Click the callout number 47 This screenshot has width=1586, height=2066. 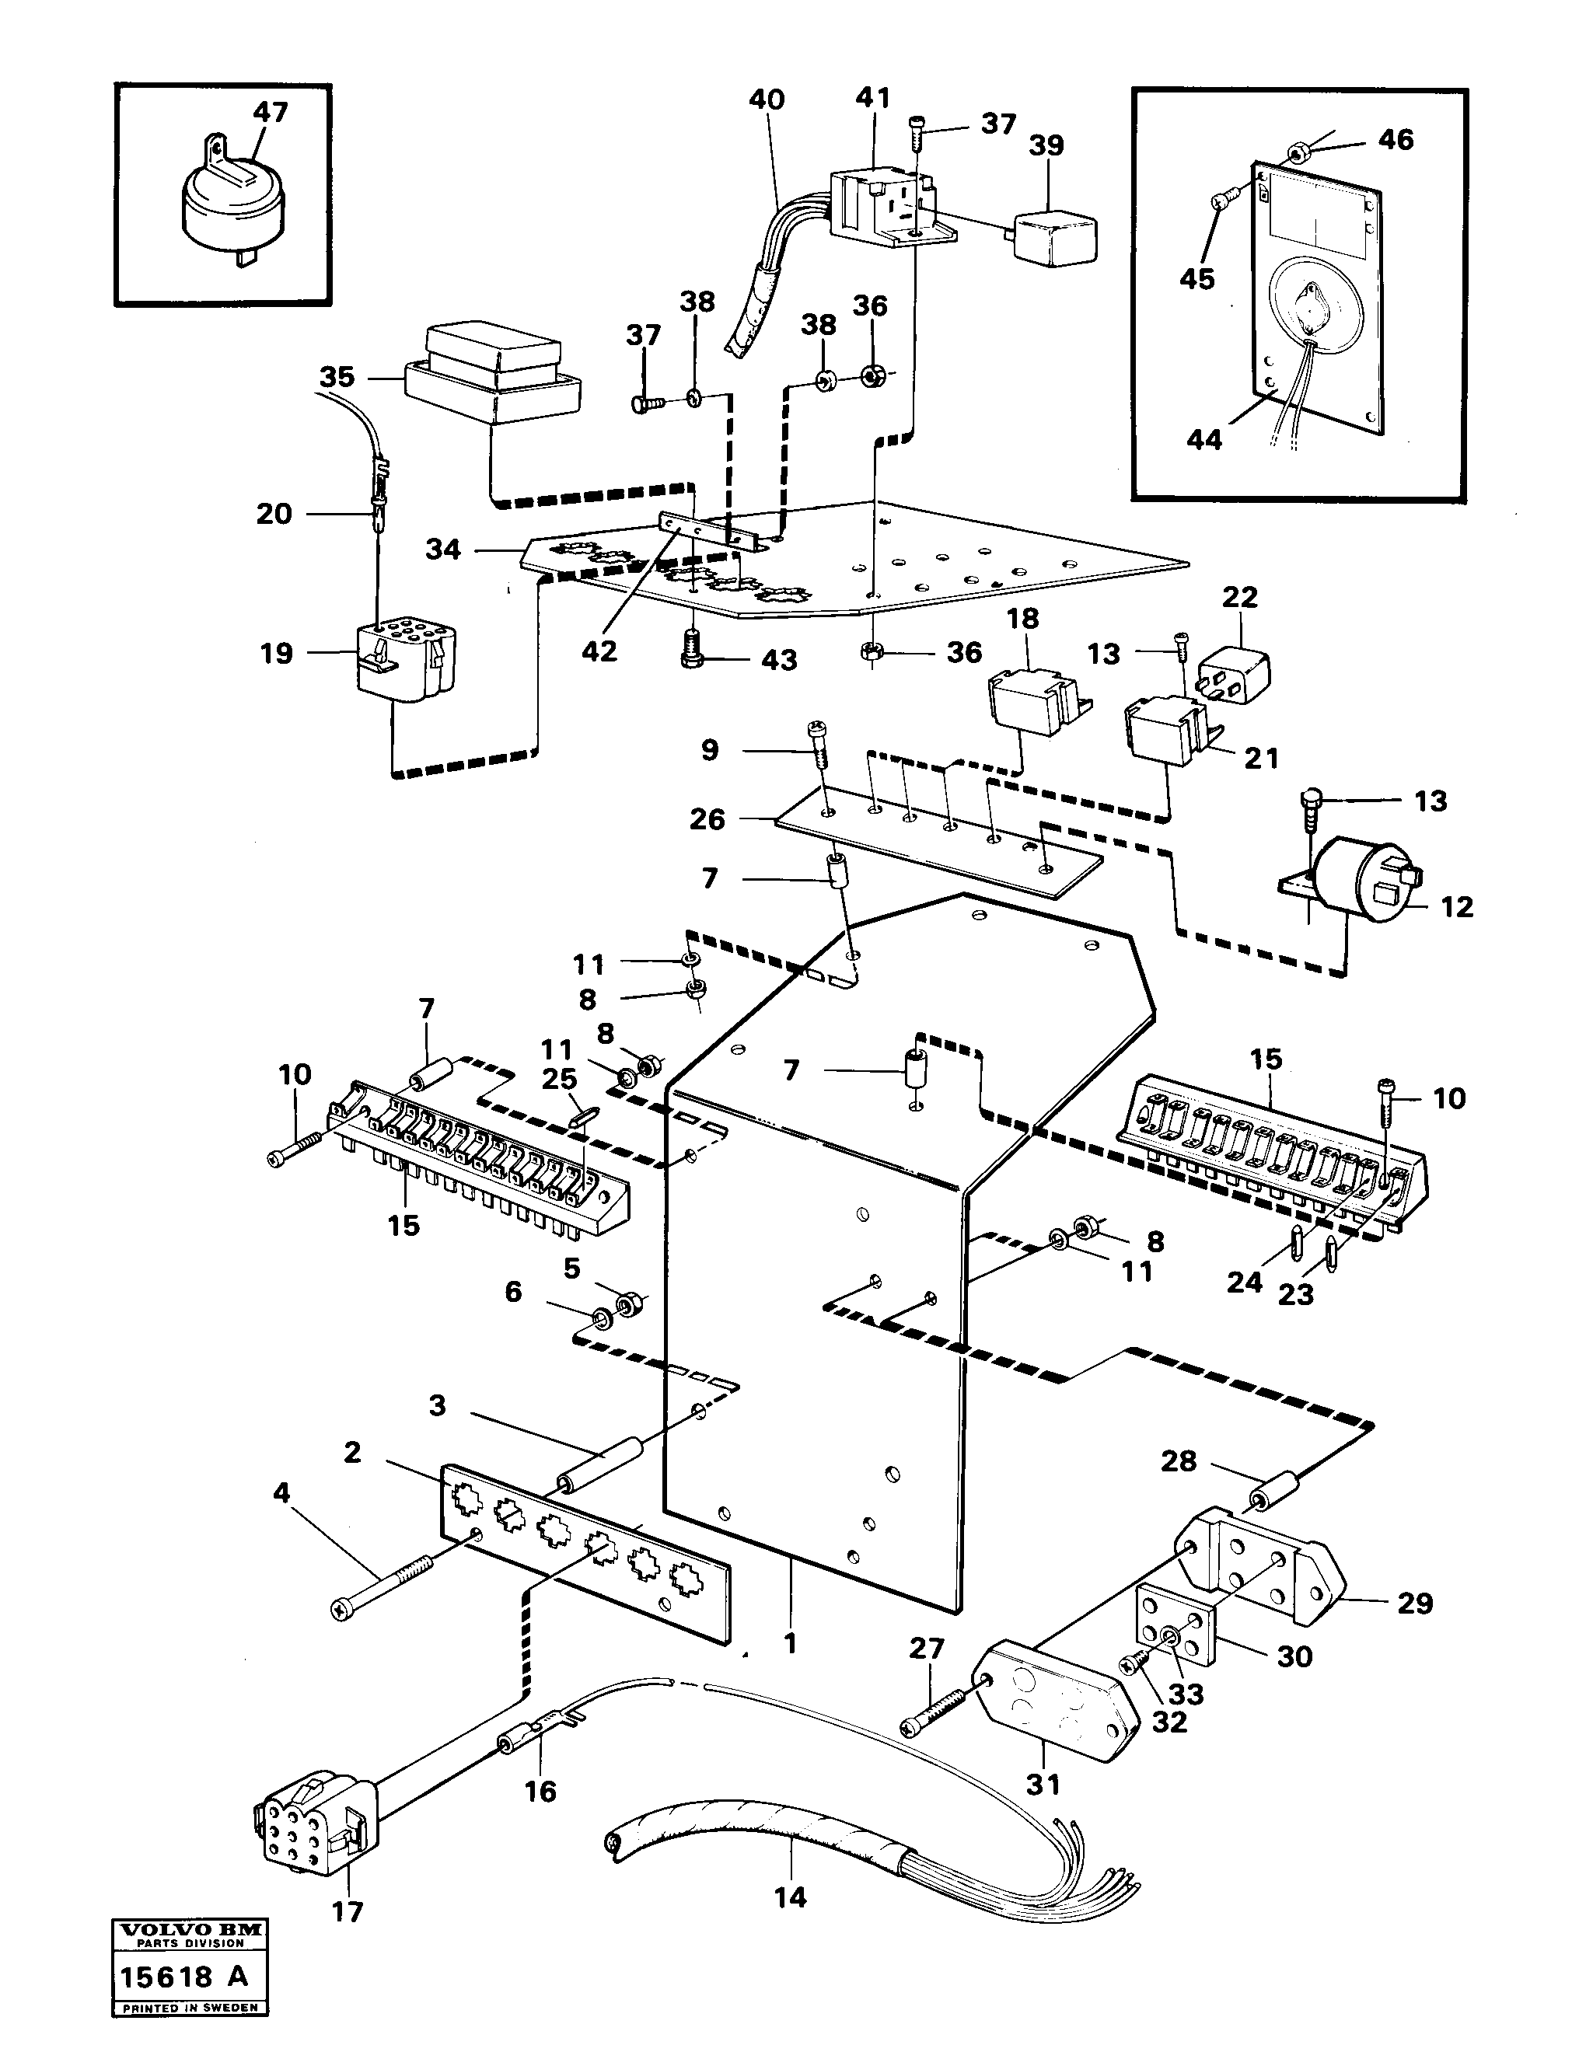270,111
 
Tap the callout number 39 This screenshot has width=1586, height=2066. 1046,145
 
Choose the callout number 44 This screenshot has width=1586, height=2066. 1203,439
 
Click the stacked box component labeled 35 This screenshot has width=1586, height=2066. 491,373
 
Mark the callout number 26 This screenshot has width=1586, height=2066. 707,818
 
